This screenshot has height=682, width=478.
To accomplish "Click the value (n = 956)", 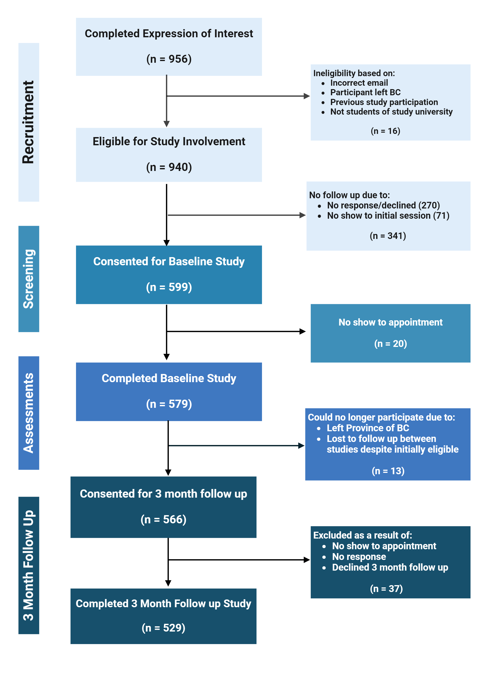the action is pos(169,59).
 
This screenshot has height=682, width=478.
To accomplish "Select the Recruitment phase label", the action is pos(28,122).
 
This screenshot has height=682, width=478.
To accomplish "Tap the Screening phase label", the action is pos(28,279).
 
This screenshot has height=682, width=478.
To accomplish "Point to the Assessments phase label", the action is pos(28,413).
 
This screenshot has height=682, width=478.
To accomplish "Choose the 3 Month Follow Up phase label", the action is pos(28,565).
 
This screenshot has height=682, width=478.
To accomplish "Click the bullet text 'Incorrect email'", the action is pos(359,83).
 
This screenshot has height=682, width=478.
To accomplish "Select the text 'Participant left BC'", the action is pos(365,92).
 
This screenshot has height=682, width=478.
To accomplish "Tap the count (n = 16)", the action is pos(385,131).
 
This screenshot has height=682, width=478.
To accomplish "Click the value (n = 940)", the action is pos(169,167).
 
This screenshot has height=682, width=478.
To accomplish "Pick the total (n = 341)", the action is pos(388,236).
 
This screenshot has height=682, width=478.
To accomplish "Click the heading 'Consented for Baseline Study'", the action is pos(169,261).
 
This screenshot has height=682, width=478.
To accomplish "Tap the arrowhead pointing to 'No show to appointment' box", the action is pos(303,331).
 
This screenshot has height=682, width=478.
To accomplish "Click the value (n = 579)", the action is pos(169,404).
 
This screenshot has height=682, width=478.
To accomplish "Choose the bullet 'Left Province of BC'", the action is pos(368,428).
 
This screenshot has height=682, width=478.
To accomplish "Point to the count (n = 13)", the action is pos(388,471).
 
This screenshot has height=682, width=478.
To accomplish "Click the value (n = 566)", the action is pos(163,519).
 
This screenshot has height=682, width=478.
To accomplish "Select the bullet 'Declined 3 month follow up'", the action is pos(390,567).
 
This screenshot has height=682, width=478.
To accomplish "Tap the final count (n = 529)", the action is pos(163,628).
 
